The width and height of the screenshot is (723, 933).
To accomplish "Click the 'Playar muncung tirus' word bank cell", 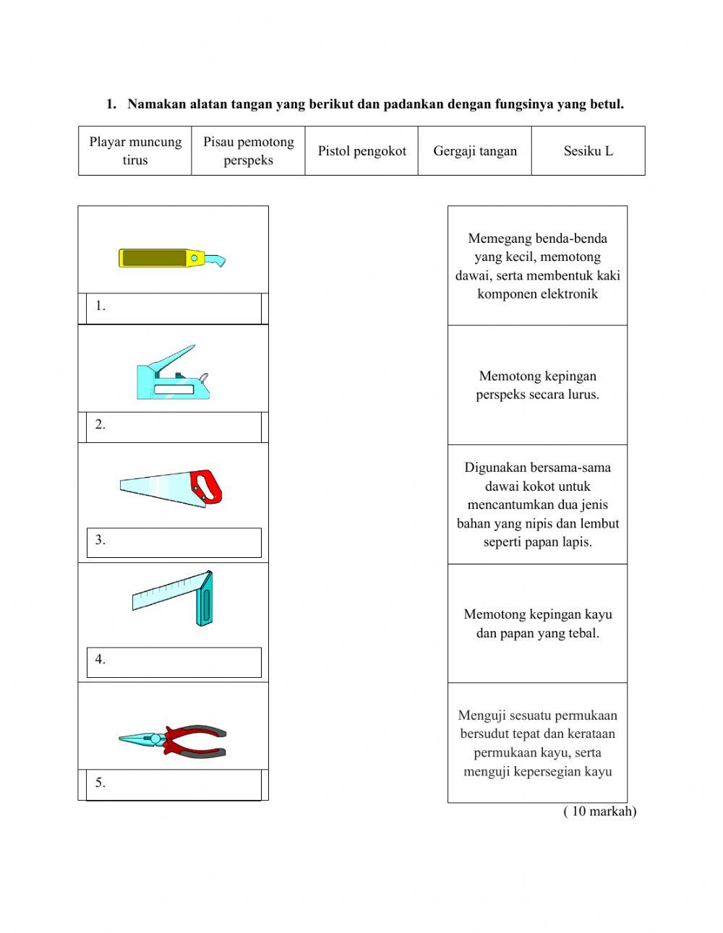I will point(135,151).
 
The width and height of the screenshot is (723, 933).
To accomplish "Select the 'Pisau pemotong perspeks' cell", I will point(248,151).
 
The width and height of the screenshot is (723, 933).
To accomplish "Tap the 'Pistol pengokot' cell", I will point(361,151).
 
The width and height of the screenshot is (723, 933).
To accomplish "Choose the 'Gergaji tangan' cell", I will point(475,151).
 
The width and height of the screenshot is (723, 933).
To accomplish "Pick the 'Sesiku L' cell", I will point(588,151).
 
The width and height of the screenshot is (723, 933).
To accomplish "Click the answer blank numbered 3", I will point(174,542).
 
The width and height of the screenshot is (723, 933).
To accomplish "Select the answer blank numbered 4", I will point(174,661).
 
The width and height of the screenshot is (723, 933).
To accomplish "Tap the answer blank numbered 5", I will point(174,784).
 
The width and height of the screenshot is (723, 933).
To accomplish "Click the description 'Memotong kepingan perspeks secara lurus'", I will point(537,385).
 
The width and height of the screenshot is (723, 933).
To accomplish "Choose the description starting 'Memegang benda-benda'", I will point(537,266).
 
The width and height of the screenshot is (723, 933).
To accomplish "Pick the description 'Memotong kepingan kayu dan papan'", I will point(537,624).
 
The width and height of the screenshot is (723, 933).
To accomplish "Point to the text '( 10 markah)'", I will point(599,811).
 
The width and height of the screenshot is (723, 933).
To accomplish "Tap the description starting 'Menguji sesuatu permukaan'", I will point(537,743).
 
